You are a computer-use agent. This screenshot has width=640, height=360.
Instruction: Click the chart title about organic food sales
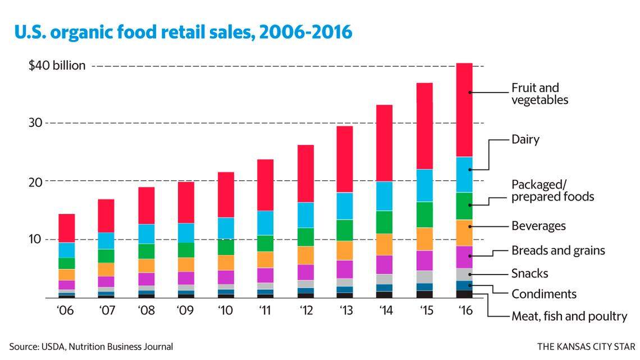(184, 33)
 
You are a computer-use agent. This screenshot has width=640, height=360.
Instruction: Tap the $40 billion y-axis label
(57, 66)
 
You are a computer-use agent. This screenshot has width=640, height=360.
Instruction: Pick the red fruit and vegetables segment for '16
(472, 110)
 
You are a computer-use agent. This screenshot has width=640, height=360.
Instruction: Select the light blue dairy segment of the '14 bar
(384, 196)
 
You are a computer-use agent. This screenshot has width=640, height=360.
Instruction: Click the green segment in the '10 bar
(225, 247)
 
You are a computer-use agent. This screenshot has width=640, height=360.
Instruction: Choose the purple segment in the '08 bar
(146, 279)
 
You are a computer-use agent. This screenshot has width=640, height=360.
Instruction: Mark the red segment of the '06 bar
(67, 228)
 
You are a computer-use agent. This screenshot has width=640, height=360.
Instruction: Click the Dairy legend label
(525, 140)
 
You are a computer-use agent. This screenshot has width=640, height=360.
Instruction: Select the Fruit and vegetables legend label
(540, 94)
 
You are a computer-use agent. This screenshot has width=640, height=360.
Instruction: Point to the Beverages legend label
(538, 226)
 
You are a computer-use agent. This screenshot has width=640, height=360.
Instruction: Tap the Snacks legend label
(529, 274)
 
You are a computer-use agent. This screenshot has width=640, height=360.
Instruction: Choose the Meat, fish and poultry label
(569, 316)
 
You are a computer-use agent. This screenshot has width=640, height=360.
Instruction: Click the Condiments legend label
(543, 294)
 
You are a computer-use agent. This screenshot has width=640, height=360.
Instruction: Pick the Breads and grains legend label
(558, 250)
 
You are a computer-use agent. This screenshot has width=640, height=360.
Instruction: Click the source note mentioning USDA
(91, 347)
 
